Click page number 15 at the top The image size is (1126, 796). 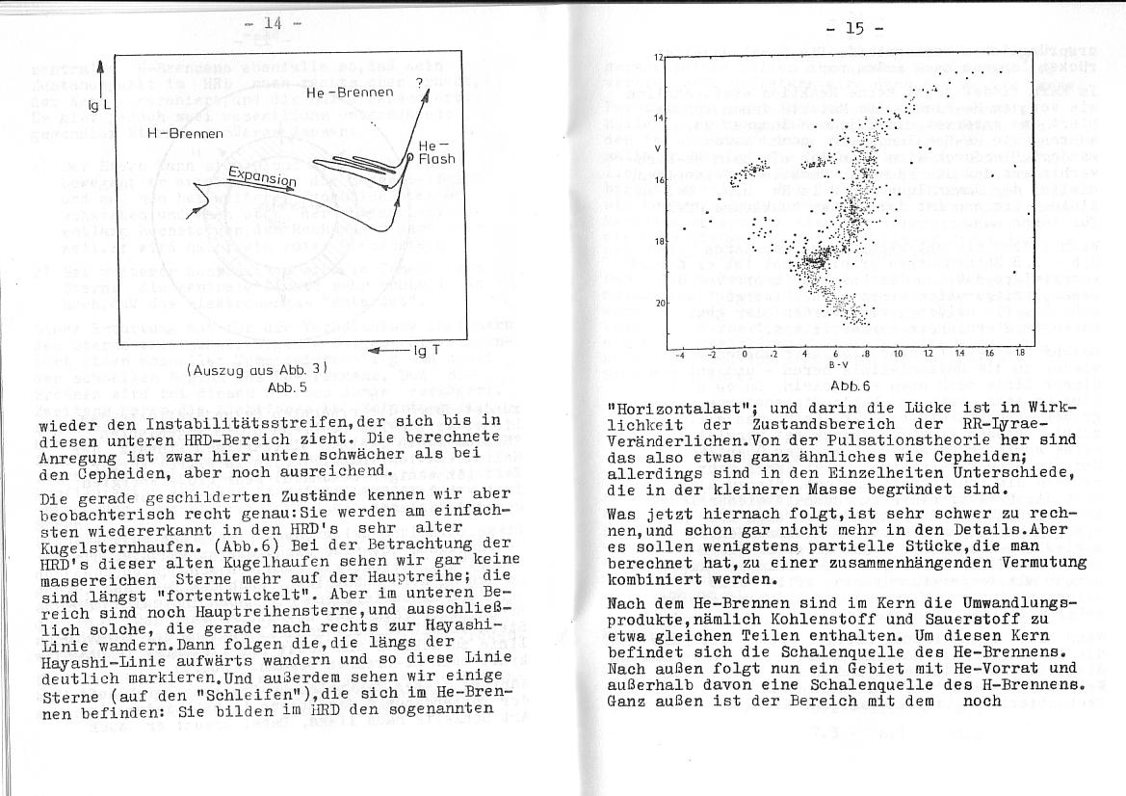point(853,28)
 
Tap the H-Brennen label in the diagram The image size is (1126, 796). point(185,133)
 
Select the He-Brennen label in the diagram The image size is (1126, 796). point(350,93)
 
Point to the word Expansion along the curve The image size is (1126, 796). point(262,179)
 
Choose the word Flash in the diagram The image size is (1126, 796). point(436,158)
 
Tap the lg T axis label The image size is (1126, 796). point(425,351)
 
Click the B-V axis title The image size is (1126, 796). point(839,365)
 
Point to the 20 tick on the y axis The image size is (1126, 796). point(659,304)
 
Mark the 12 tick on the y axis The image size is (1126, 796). point(659,58)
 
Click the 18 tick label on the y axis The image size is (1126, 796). point(659,242)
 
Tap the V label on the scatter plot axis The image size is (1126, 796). point(657,147)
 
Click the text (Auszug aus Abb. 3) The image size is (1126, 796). point(257,369)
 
